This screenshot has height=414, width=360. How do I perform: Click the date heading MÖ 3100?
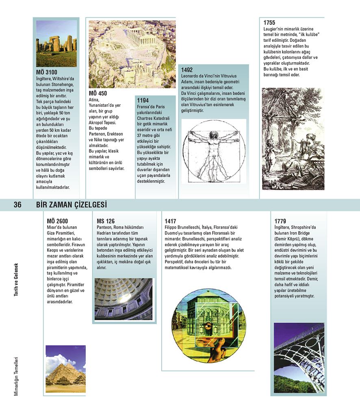46,73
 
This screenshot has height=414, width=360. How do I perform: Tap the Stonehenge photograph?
56,43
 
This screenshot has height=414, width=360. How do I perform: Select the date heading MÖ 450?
98,93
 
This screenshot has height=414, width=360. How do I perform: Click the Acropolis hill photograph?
132,54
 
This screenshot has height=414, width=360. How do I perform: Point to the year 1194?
143,100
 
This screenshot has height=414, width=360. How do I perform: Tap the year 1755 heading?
269,23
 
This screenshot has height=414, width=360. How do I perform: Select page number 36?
17,205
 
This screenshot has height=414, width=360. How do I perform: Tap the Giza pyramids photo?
65,371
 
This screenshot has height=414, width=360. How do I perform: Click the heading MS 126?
106,221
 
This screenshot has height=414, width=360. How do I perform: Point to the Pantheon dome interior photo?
124,299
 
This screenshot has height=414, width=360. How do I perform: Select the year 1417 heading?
170,221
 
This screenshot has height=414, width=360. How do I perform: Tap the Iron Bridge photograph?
299,358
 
